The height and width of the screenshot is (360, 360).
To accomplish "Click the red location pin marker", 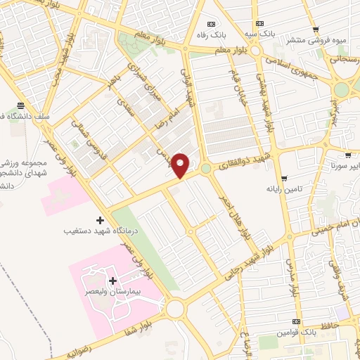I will click(x=181, y=165).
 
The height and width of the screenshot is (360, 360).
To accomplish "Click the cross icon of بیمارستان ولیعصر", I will click(x=113, y=281).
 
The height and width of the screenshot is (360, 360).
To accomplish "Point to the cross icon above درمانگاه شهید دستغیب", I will click(x=99, y=220).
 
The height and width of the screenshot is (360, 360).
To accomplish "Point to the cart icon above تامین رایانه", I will click(x=283, y=179).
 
